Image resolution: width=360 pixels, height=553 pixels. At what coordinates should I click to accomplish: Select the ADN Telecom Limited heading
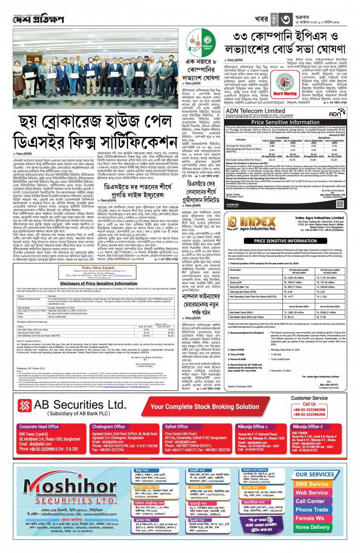pos(255,111)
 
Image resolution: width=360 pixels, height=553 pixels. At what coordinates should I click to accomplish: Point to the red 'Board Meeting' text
pos(285,94)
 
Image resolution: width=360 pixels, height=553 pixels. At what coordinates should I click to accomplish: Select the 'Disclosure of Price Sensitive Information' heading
pos(99,283)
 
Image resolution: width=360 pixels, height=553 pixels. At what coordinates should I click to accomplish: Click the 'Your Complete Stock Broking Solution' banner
pos(205,407)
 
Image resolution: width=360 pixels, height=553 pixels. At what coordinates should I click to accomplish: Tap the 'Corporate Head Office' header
pos(39,427)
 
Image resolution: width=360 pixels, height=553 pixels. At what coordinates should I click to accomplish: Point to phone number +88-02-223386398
pos(309,410)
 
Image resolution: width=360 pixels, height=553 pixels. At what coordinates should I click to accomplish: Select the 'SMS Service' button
pos(312,484)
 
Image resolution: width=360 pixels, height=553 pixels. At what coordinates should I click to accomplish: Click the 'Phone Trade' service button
pos(312,510)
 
